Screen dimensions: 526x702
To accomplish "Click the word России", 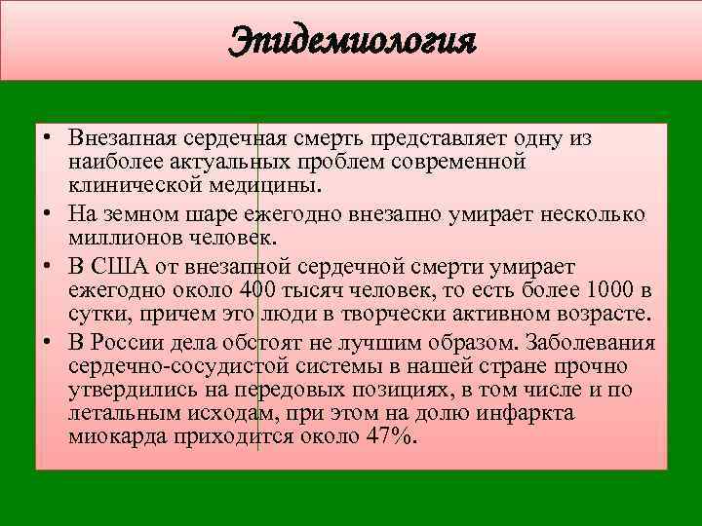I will click(123, 344).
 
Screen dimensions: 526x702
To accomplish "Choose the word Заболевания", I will click(591, 344).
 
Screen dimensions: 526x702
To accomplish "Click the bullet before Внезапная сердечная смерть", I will click(47, 139).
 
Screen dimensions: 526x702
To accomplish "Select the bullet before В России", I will click(47, 344).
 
